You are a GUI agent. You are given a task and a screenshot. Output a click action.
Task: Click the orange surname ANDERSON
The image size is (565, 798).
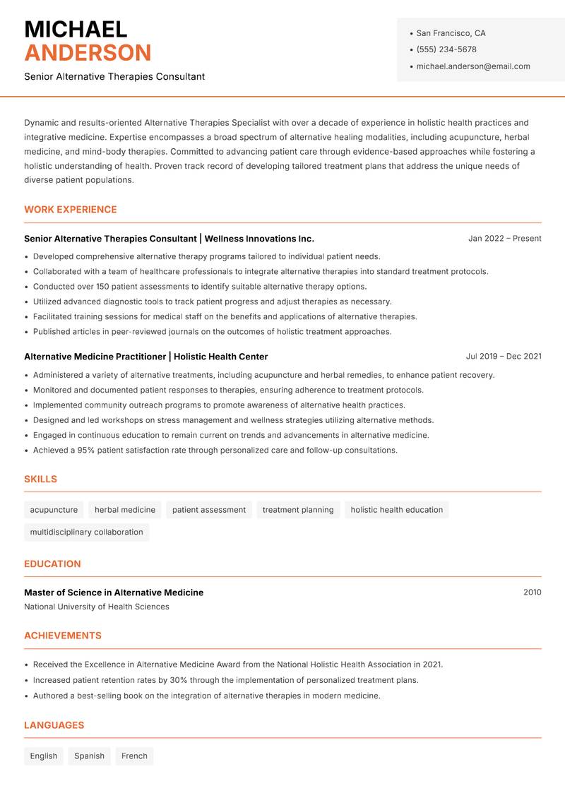pyautogui.click(x=88, y=53)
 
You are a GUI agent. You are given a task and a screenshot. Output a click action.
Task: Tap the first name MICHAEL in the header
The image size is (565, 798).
pyautogui.click(x=76, y=30)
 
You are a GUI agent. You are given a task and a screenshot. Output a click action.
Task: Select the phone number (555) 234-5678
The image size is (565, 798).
pyautogui.click(x=446, y=49)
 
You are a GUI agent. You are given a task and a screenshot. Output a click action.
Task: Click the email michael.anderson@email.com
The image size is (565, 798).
pyautogui.click(x=473, y=66)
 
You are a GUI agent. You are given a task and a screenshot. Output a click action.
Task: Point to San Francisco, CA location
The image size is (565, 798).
pyautogui.click(x=451, y=33)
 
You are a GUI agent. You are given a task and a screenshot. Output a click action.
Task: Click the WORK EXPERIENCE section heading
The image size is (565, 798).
pyautogui.click(x=71, y=210)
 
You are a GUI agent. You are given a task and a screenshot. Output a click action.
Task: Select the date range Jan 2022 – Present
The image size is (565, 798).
pyautogui.click(x=504, y=239)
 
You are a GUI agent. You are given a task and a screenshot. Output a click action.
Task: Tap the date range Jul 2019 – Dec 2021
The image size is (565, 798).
pyautogui.click(x=504, y=357)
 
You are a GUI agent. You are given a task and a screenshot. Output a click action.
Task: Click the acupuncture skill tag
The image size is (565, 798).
pyautogui.click(x=54, y=510)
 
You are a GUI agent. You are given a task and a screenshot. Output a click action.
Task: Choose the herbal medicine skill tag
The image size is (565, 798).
pyautogui.click(x=125, y=510)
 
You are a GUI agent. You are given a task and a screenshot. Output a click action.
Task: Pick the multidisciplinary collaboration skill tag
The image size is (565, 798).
pyautogui.click(x=86, y=532)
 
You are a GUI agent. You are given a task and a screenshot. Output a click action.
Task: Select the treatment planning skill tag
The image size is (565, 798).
pyautogui.click(x=298, y=510)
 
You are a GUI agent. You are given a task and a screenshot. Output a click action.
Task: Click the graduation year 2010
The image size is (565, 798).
pyautogui.click(x=532, y=592)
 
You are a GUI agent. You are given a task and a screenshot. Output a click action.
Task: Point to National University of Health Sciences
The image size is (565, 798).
pyautogui.click(x=97, y=607)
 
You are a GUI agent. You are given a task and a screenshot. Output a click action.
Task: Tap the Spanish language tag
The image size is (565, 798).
pyautogui.click(x=89, y=756)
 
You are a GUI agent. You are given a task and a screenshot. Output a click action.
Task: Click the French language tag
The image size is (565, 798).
pyautogui.click(x=134, y=756)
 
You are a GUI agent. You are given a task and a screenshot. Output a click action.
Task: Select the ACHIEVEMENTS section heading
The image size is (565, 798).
pyautogui.click(x=63, y=636)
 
